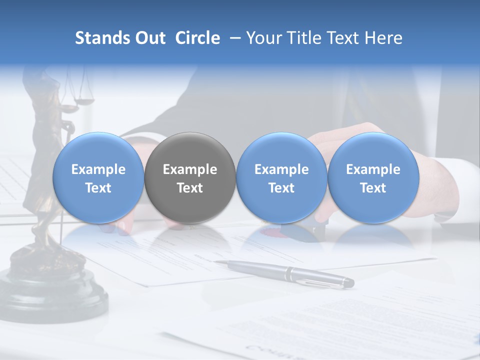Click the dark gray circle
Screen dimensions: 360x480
tap(190, 177)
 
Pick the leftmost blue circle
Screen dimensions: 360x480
tap(98, 177)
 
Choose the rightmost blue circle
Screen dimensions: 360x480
tap(373, 177)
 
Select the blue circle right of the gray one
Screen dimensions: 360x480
tap(281, 177)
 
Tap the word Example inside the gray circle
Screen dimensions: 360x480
tap(190, 169)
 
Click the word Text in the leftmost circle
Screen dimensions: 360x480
tap(98, 188)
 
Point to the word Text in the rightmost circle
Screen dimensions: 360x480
tap(373, 188)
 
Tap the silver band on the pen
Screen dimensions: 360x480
tap(290, 273)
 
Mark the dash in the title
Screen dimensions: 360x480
tap(233, 38)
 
